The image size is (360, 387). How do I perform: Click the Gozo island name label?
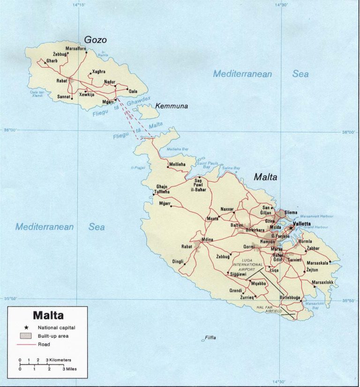(96, 40)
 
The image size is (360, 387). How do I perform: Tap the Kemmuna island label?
(172, 106)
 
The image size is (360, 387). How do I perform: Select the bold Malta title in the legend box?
(48, 315)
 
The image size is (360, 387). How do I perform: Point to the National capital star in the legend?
(26, 327)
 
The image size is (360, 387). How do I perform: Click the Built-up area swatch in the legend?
(26, 336)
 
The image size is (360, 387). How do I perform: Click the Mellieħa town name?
(177, 164)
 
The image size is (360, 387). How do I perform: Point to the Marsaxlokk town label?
(323, 283)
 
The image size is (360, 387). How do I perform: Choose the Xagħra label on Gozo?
(99, 72)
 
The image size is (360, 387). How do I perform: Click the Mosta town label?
(212, 219)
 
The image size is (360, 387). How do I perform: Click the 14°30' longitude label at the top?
(281, 5)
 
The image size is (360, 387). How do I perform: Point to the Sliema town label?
(291, 212)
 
